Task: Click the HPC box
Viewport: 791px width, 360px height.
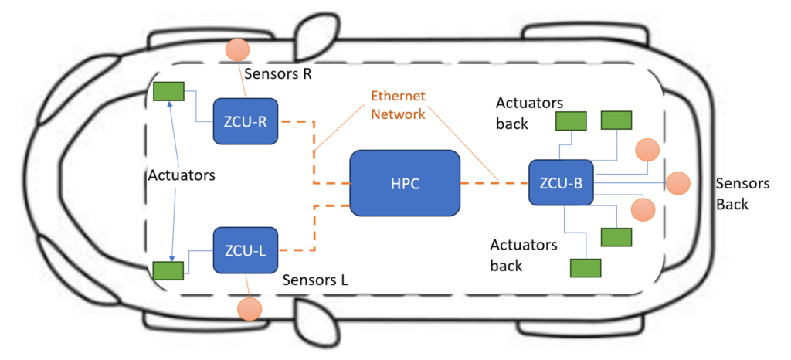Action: coord(405,182)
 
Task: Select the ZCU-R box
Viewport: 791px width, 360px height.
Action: coord(246,121)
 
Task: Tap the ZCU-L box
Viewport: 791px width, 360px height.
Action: coord(245,250)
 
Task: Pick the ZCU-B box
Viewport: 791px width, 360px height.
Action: coord(560,183)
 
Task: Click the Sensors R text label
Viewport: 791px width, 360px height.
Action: coord(278,75)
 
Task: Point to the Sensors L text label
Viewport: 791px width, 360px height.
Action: coord(315,280)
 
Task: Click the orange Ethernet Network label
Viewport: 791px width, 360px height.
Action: coord(398,105)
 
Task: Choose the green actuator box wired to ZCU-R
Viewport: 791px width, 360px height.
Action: coord(167,91)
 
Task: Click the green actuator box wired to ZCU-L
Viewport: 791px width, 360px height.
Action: coord(167,270)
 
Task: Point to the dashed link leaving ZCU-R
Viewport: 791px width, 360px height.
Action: coord(297,122)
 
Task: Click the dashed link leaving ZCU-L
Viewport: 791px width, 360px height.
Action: coord(297,250)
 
